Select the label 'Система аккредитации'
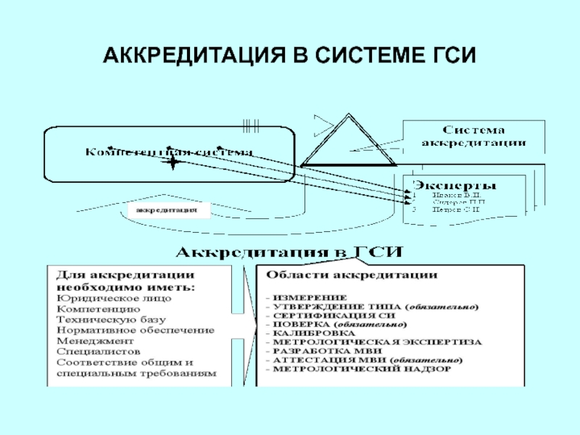tap(474, 136)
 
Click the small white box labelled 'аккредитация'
tap(167, 210)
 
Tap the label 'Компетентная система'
tap(170, 152)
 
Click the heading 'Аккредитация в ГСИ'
tap(290, 253)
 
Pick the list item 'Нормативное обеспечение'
tap(135, 330)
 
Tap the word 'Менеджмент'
tap(95, 341)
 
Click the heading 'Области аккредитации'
tap(352, 275)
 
